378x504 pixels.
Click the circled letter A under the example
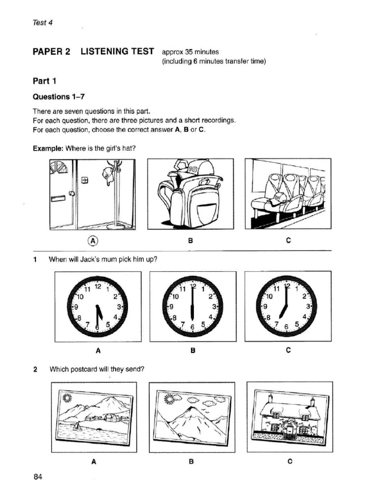93,241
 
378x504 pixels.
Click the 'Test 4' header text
42,23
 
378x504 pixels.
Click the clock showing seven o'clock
288,306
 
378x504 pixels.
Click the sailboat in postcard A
77,427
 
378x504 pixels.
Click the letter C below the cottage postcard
289,461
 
